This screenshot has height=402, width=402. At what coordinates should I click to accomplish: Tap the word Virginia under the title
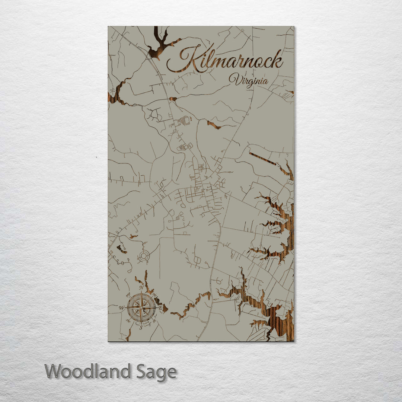pos(248,80)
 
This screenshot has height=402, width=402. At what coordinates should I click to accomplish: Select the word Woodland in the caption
pos(88,372)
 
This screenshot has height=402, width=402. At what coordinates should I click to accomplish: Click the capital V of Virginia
pos(234,79)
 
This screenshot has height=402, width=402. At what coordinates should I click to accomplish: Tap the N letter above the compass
pos(141,288)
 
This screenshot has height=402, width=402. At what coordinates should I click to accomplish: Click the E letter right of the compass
pos(161,308)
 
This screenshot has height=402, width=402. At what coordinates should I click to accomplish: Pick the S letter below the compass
pos(141,328)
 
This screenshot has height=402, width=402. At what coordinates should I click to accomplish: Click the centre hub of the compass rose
pos(141,308)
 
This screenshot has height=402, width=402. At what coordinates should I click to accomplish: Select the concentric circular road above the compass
pos(143,256)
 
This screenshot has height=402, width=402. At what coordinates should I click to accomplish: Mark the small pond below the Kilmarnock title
pos(173,99)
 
